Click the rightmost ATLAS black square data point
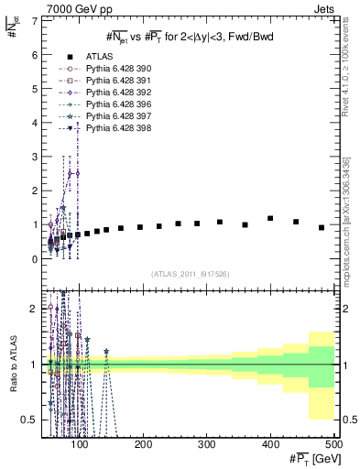(x=322, y=227)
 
